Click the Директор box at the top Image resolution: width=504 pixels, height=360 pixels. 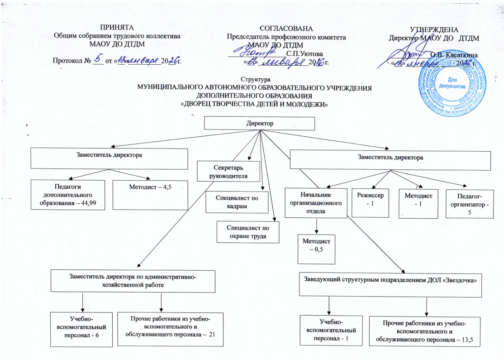[x=260, y=124]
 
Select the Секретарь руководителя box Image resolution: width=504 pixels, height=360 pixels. [x=228, y=171]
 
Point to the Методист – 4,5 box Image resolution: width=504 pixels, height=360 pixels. [x=150, y=194]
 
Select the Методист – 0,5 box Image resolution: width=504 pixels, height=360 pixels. [x=316, y=248]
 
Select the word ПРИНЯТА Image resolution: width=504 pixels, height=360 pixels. [x=117, y=27]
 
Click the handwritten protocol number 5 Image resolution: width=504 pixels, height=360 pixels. [x=98, y=58]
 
